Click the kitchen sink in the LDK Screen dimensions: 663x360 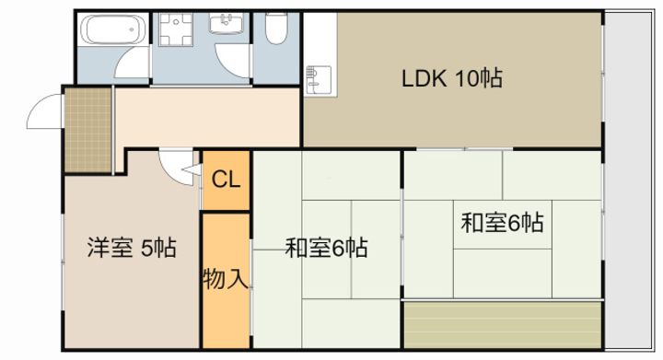point(317,77)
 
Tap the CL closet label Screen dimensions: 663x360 point(226,179)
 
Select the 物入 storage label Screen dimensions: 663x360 point(225,277)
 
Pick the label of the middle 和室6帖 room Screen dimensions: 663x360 point(326,248)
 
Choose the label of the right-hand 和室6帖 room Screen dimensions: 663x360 point(501,222)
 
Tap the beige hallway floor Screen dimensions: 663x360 point(212,117)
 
